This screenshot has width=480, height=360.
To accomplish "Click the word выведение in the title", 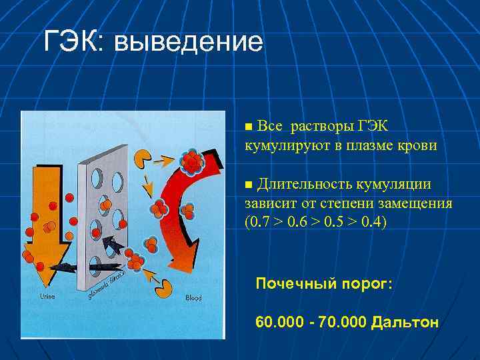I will click(x=189, y=43).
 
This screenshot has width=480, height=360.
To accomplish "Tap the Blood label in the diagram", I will click(x=193, y=298).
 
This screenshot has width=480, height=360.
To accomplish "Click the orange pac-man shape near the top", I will click(x=143, y=158).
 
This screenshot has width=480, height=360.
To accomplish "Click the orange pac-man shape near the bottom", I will click(x=163, y=288).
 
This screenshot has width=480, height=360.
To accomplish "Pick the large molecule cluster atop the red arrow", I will click(x=192, y=161).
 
